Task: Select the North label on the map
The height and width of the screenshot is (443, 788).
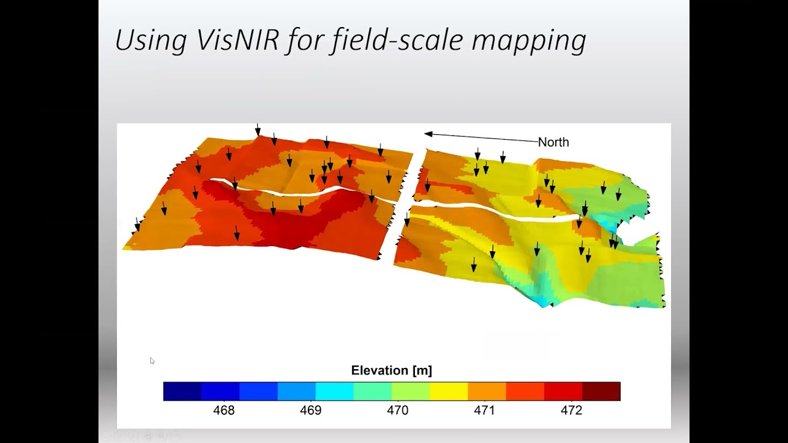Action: pos(553,142)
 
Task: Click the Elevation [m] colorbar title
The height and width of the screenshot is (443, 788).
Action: pos(392,370)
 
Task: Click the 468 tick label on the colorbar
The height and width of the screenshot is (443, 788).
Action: pos(224,410)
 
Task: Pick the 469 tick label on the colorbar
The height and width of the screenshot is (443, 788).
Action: pos(311,410)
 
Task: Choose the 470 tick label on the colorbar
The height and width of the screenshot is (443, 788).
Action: pos(398,410)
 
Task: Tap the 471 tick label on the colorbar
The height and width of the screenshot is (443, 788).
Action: pos(484,410)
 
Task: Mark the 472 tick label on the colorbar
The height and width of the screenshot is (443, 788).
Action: pos(571,410)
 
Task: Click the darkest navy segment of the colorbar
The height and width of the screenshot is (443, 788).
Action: pos(182,391)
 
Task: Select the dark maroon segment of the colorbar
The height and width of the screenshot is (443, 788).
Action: pos(601,391)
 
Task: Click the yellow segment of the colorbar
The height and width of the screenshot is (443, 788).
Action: pos(449,391)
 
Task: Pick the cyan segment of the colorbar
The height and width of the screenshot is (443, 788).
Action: pos(334,391)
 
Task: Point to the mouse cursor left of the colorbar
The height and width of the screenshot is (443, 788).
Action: pos(152,361)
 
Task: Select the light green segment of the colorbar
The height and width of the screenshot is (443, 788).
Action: pos(411,391)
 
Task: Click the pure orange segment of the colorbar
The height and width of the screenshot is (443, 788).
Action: pos(487,391)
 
